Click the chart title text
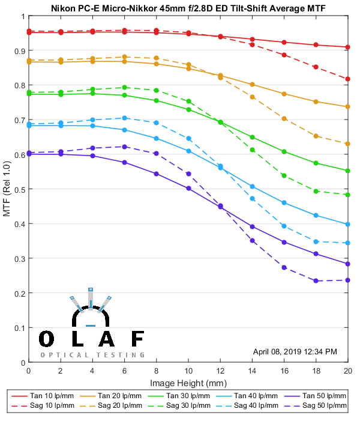tap(188, 7)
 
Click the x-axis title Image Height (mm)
tap(188, 382)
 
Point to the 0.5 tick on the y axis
tap(19, 189)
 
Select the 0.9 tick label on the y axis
tap(19, 50)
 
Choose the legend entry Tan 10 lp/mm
tap(51, 396)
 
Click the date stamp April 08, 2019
tap(295, 351)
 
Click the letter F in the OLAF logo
tap(137, 339)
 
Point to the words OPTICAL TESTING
tap(92, 354)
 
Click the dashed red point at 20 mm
tap(347, 79)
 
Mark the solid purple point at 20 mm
tap(347, 264)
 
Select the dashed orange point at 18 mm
tap(316, 136)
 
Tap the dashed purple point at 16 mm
tap(284, 267)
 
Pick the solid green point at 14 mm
tap(252, 138)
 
